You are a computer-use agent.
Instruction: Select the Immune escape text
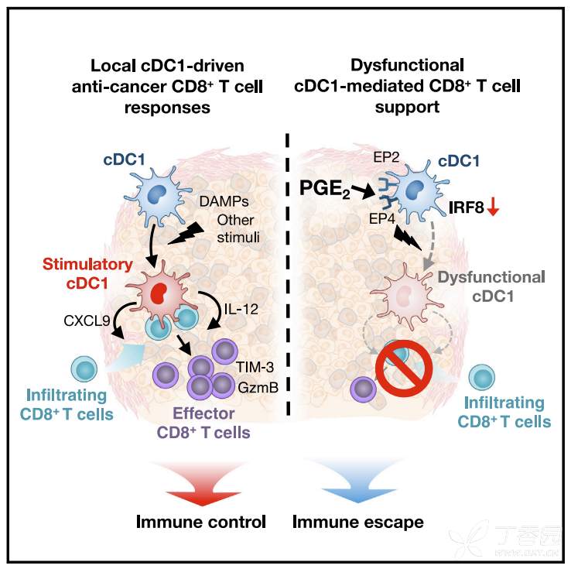tap(358, 522)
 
